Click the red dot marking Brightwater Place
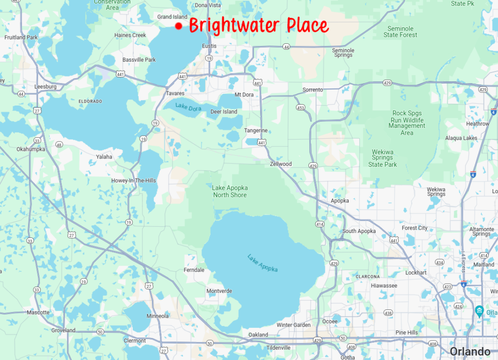pos(178,26)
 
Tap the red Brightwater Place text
pos(258,25)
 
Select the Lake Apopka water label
pos(262,263)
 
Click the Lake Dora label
pos(188,108)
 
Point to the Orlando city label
pos(470,351)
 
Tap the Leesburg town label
pos(46,87)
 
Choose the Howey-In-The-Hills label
pos(134,180)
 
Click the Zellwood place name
pos(281,164)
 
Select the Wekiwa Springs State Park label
pos(383,158)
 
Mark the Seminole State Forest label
pos(400,32)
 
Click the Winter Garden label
pos(293,325)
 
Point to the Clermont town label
pos(135,341)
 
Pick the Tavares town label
pos(175,93)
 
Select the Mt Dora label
pos(244,94)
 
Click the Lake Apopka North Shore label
pos(230,191)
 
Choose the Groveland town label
pos(63,330)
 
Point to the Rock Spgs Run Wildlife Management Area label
pos(407,123)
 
